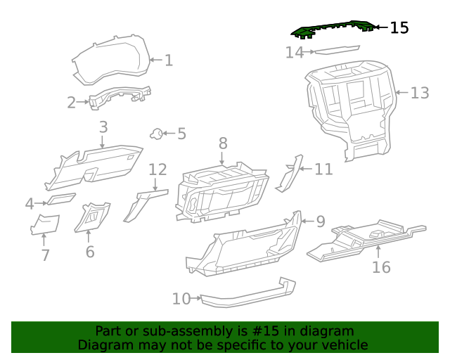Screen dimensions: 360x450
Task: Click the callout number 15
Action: click(399, 28)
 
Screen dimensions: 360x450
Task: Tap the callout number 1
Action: click(168, 60)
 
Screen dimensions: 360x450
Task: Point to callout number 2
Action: click(71, 103)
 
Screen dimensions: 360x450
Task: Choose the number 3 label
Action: click(103, 127)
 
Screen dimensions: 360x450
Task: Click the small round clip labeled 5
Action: click(157, 133)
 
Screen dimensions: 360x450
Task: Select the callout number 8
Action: click(223, 143)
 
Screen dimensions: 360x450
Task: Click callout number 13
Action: click(419, 93)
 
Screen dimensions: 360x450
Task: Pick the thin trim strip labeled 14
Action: click(336, 50)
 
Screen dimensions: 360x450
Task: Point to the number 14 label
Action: click(294, 52)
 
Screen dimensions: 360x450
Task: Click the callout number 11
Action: click(323, 169)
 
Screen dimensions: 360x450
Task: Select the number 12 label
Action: click(157, 169)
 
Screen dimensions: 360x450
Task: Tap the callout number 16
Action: click(380, 267)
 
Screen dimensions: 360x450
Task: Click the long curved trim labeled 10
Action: click(246, 295)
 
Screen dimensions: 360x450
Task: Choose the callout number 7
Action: click(45, 255)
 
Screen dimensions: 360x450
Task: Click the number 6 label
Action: click(89, 252)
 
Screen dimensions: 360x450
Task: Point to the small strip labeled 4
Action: click(61, 200)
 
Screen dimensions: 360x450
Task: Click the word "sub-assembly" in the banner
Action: click(186, 331)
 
